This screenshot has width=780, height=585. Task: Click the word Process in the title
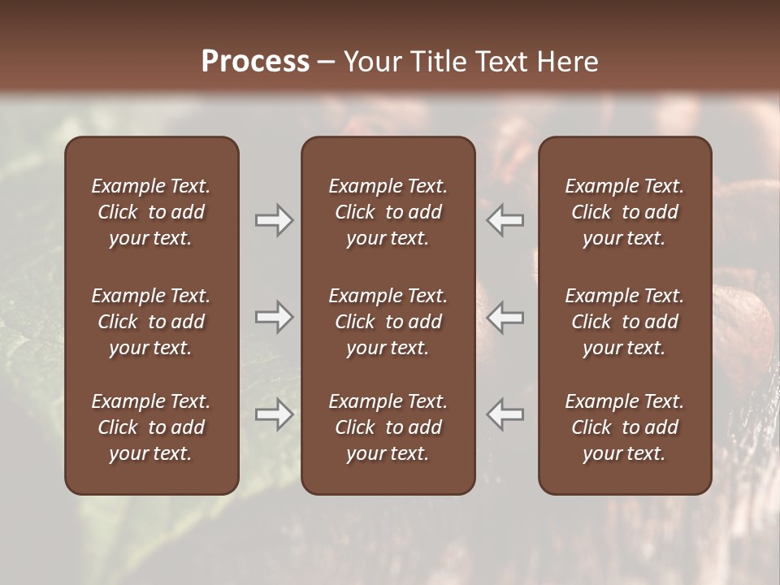coord(255,62)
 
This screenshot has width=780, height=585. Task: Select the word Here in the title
coord(567,62)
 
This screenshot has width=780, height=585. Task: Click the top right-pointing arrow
coord(274,220)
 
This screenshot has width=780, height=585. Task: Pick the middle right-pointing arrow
coord(274,317)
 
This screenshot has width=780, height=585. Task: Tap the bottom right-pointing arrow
coord(274,414)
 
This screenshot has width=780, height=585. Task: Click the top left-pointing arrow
coord(505,220)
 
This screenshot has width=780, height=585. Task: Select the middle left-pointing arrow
coord(505,317)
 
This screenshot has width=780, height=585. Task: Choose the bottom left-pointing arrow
coord(505,414)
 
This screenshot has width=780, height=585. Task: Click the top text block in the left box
coord(151,212)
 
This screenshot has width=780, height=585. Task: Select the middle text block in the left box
coord(151,322)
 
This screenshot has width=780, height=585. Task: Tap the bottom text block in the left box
coord(151,427)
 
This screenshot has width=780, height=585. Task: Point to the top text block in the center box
coord(388,212)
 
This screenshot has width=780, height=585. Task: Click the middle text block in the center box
coord(388,322)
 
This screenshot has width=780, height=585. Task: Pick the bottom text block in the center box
coord(388,427)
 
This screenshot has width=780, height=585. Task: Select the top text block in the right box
coord(625,212)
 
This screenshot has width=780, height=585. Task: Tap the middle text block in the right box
coord(625,322)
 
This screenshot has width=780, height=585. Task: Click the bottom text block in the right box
coord(625,427)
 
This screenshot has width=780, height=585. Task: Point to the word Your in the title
coord(370,62)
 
